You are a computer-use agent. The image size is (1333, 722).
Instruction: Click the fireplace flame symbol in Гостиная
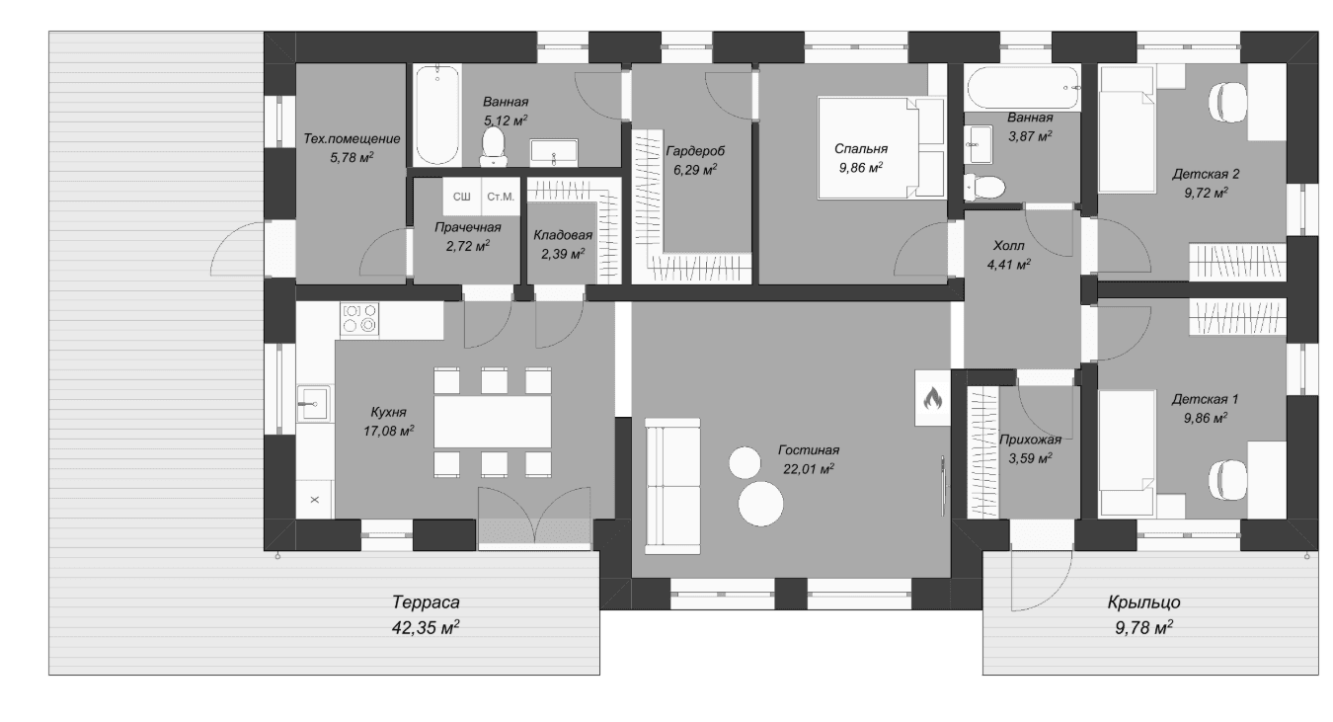click(932, 398)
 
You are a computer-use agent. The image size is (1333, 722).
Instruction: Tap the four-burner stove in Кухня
click(359, 318)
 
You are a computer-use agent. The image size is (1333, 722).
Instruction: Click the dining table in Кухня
click(492, 422)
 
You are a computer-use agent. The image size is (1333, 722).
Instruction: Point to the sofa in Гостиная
click(672, 486)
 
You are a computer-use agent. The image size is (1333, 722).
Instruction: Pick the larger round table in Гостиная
click(760, 504)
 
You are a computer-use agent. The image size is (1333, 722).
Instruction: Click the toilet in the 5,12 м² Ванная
click(494, 146)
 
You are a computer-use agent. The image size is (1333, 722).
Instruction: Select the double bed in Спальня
click(881, 147)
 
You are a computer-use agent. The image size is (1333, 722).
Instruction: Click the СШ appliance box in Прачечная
click(462, 196)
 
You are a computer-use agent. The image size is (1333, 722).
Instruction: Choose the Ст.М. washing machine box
click(501, 196)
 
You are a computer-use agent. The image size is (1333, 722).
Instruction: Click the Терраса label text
click(426, 602)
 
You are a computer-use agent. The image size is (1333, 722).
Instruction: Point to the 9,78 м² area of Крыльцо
click(1143, 627)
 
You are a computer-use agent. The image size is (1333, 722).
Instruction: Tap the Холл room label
click(1009, 245)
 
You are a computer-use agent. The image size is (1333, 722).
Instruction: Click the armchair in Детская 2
click(1228, 103)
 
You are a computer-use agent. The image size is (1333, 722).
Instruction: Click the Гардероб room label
click(695, 150)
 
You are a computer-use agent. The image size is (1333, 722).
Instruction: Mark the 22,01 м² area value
click(808, 468)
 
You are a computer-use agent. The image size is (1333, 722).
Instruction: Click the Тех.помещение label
click(352, 138)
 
